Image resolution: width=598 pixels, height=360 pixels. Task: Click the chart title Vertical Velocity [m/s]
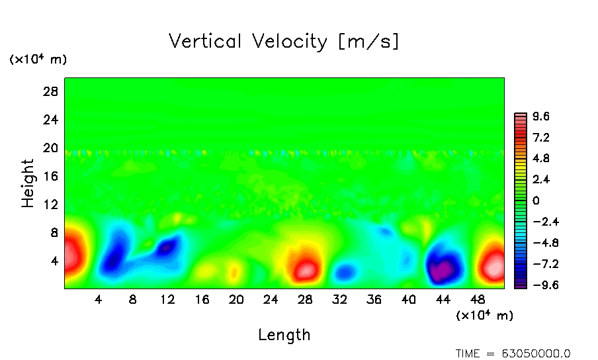[284, 42]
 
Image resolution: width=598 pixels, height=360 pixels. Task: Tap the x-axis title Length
[284, 335]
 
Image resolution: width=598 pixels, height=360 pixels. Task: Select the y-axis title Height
[28, 183]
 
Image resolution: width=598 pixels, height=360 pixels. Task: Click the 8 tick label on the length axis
[133, 299]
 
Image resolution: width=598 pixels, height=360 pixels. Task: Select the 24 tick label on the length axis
[271, 299]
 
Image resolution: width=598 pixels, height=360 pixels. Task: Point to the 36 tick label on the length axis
[374, 299]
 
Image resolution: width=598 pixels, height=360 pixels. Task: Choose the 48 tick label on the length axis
[477, 299]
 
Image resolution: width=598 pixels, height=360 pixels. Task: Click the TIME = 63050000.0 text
[513, 353]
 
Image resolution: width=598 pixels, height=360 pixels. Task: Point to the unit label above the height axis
[38, 60]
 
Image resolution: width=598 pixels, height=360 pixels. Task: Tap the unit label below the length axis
[484, 316]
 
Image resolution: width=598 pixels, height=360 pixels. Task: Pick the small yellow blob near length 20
[234, 272]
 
